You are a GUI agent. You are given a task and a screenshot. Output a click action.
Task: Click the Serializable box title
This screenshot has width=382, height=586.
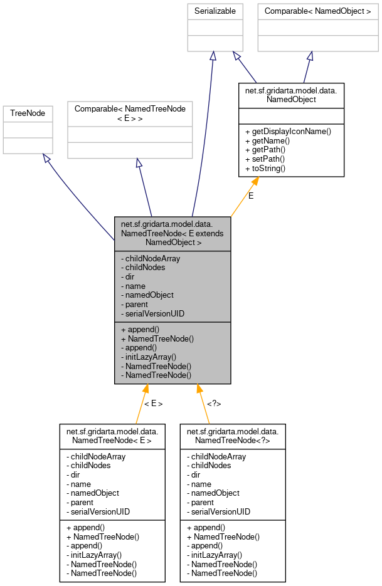coord(215,11)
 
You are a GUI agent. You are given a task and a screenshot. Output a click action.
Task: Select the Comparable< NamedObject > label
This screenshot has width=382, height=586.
coord(318,11)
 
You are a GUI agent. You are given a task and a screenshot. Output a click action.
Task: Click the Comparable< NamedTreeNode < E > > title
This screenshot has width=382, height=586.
coord(130,113)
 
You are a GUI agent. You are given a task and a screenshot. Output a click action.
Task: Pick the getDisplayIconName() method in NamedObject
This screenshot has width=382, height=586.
coord(288,131)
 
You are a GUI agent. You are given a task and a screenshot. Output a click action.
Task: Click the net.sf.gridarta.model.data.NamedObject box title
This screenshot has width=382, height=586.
coord(291,95)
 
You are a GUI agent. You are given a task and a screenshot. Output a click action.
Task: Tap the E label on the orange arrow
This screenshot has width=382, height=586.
coord(251,196)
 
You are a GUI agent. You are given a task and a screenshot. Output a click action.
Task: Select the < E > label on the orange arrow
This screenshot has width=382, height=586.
coord(153,404)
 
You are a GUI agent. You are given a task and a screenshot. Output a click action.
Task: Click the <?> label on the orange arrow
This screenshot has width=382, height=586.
coord(214,404)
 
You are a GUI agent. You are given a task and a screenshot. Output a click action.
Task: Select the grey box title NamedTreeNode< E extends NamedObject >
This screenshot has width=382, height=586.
coord(172,233)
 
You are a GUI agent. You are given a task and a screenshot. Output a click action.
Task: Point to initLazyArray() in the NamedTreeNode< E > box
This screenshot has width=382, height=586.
coord(93,555)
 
